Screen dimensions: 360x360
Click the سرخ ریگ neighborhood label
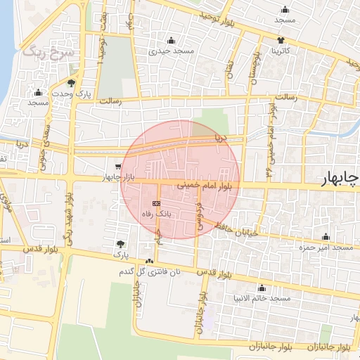tap(41, 50)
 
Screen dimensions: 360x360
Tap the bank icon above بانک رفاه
tap(156, 202)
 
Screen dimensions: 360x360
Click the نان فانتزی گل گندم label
tap(165, 271)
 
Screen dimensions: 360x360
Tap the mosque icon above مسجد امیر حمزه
tap(325, 237)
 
